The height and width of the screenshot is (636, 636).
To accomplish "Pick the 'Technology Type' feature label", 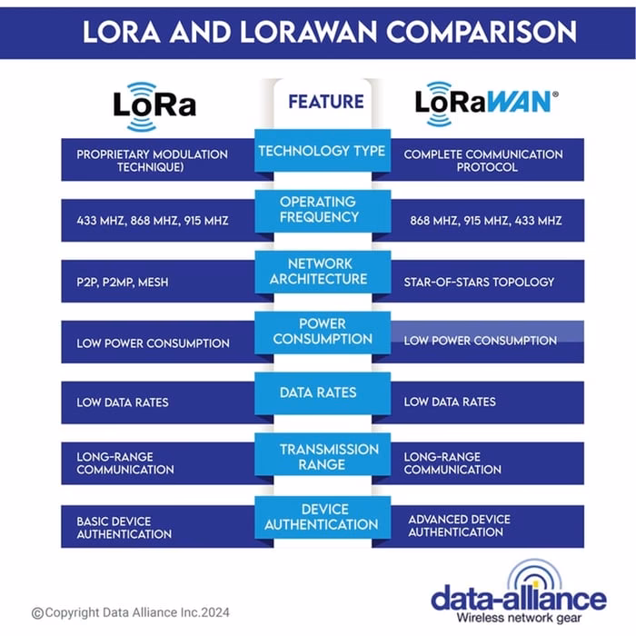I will click(323, 151).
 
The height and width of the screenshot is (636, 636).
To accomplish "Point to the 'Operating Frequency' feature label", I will click(319, 209).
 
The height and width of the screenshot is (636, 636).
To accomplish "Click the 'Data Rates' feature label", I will click(319, 393).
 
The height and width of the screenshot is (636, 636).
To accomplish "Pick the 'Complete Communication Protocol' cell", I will click(482, 161).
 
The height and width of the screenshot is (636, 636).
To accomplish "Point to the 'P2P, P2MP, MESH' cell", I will click(123, 282).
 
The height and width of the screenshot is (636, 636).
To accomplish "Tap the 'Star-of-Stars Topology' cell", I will click(479, 282).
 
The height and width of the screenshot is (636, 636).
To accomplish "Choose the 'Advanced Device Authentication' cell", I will click(459, 525).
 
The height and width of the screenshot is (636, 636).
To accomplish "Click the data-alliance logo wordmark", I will click(518, 598).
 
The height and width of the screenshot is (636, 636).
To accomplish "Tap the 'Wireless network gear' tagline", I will click(518, 618).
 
